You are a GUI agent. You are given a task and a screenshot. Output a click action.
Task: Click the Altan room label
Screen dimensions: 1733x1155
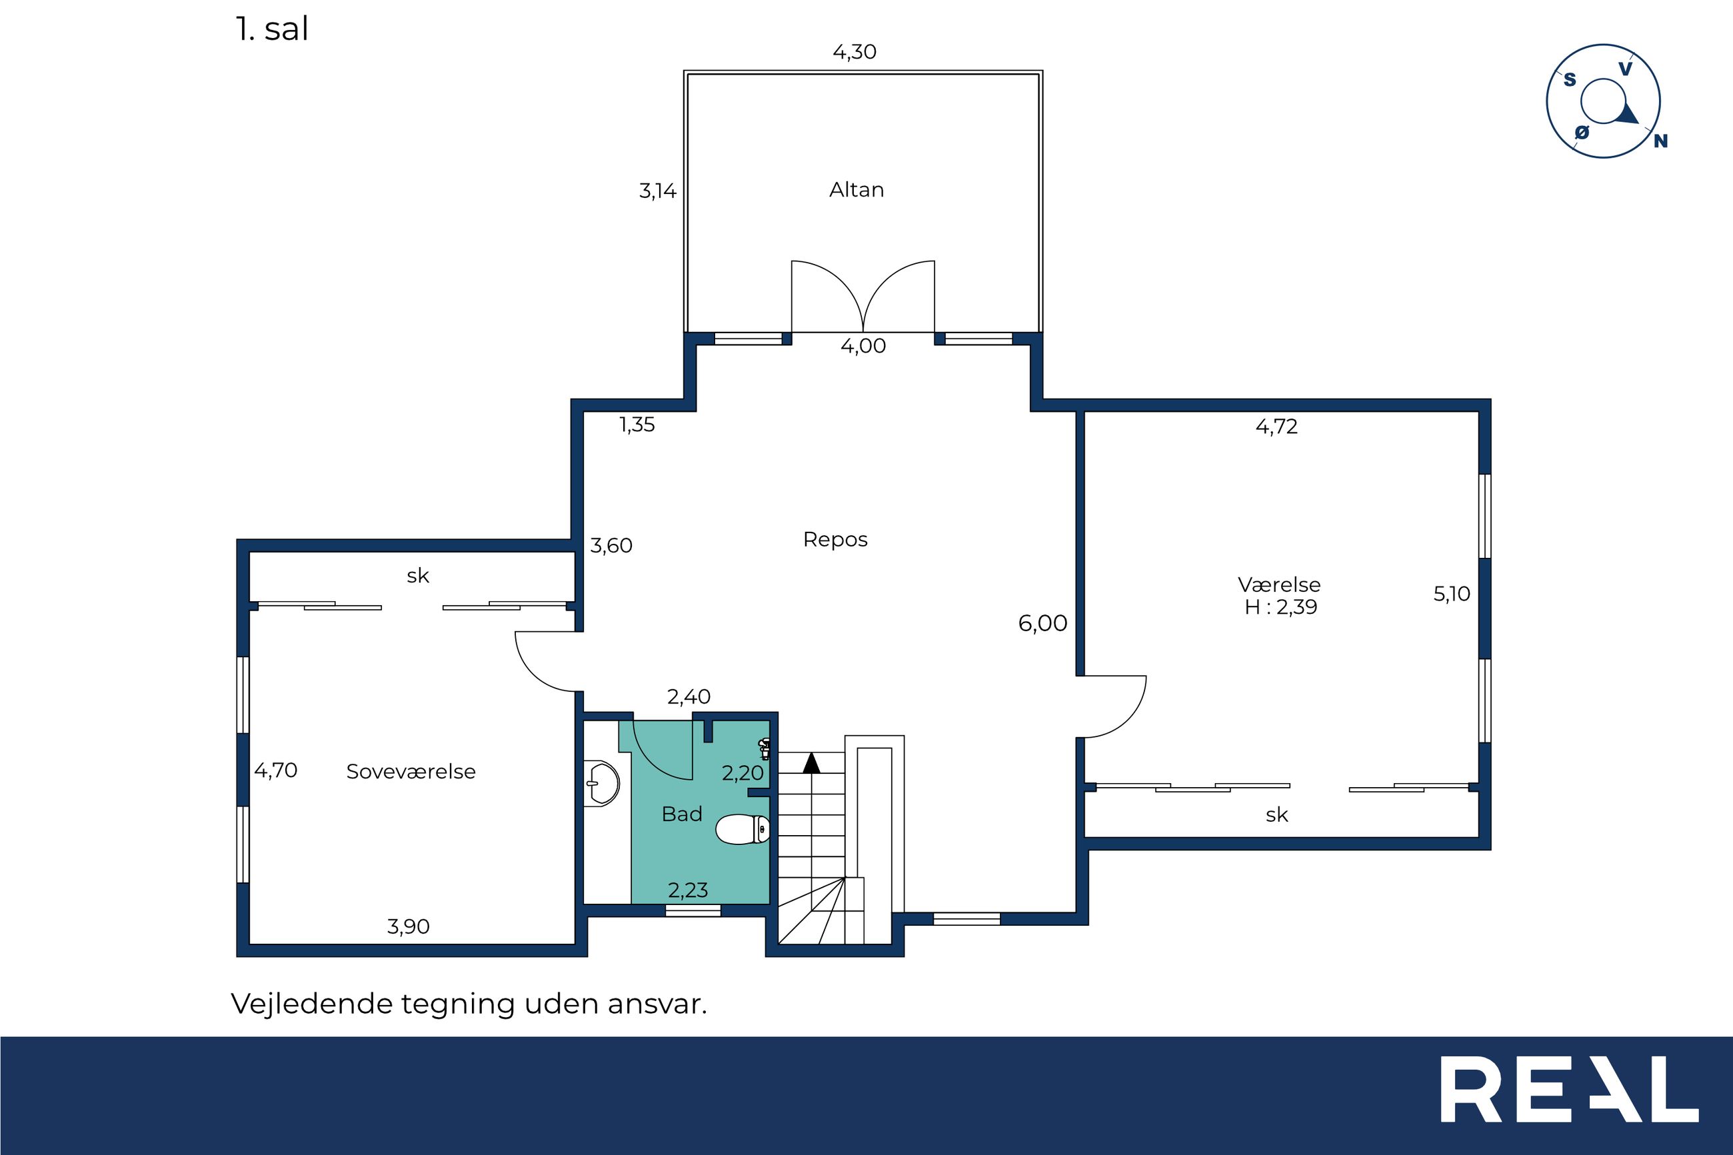point(856,190)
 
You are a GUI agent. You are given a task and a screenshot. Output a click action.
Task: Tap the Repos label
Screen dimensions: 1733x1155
point(835,540)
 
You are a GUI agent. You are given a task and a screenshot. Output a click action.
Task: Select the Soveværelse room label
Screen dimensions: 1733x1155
point(411,771)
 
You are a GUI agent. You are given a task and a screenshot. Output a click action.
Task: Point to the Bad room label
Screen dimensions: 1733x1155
point(682,814)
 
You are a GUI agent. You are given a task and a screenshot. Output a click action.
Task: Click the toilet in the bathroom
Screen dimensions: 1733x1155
point(743,829)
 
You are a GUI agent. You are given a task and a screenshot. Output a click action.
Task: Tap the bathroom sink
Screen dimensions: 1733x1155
point(603,783)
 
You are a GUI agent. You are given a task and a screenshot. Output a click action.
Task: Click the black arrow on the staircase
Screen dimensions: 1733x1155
point(811,763)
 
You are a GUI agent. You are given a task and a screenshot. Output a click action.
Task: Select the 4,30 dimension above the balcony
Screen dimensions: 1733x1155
point(855,51)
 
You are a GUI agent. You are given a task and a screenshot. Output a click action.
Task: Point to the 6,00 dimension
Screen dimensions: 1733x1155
point(1042,623)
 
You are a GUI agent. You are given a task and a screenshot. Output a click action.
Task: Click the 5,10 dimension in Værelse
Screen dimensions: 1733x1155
point(1452,594)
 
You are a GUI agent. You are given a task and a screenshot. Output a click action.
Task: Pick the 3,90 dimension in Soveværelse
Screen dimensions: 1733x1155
point(408,926)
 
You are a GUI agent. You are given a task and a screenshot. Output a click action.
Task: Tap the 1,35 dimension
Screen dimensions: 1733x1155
point(637,425)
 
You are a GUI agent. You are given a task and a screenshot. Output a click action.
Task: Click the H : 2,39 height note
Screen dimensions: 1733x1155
point(1281,607)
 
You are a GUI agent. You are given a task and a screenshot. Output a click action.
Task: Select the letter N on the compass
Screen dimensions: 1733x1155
point(1661,141)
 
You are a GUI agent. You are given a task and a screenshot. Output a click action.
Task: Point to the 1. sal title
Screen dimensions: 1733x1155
point(272,29)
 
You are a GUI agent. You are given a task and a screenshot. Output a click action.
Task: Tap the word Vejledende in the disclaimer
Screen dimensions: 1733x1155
point(313,1003)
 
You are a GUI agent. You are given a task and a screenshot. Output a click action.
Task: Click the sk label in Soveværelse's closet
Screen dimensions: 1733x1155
point(418,575)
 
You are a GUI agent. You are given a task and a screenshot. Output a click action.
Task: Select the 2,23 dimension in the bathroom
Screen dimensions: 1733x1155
point(688,890)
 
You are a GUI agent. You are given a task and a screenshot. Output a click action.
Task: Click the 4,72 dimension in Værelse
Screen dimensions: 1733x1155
point(1276,427)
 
